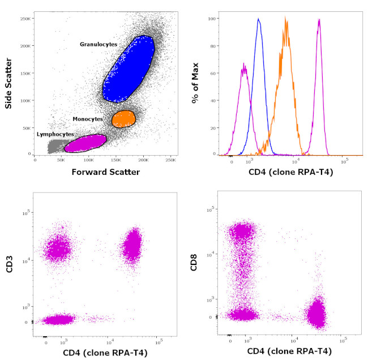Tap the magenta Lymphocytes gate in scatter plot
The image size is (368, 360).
point(85,143)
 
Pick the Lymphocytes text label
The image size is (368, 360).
point(55,134)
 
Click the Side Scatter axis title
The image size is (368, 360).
point(8,79)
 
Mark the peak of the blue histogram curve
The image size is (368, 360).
point(258,19)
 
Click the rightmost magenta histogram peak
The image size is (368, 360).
point(319,20)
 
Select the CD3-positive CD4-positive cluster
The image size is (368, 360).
point(132,245)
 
